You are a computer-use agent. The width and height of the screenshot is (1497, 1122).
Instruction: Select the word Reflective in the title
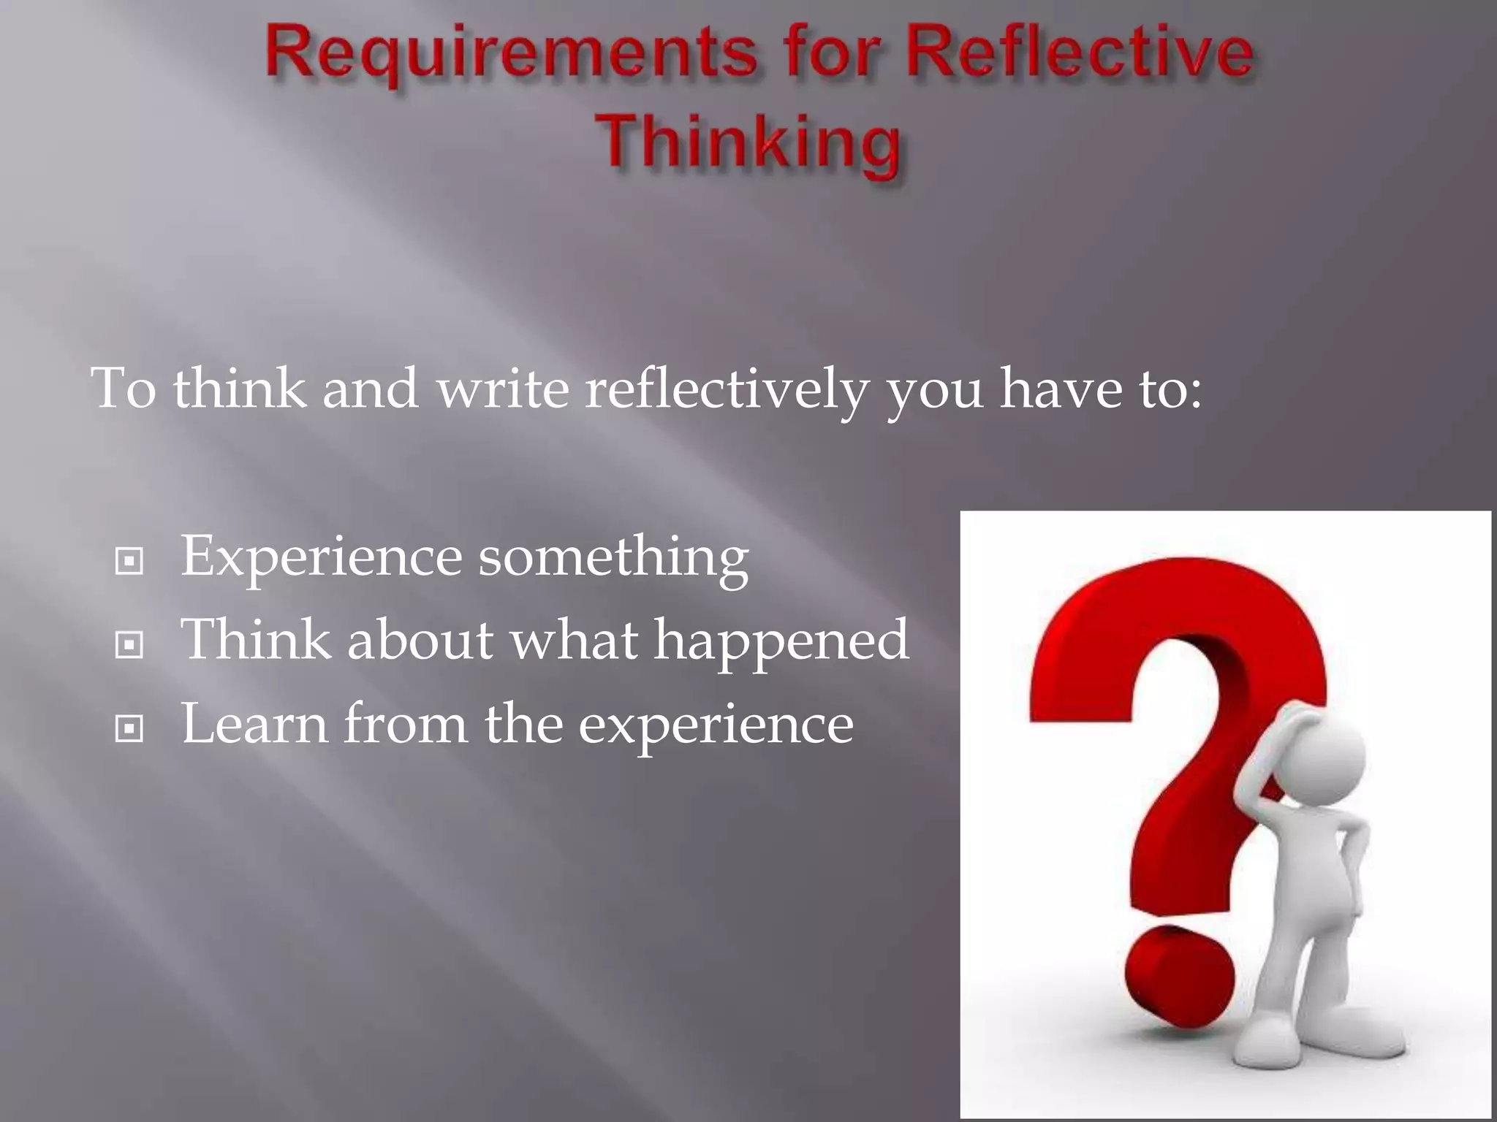(1080, 53)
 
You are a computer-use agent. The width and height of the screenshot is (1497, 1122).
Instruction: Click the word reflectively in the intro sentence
(726, 388)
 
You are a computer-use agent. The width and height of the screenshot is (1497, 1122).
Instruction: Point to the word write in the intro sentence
(503, 388)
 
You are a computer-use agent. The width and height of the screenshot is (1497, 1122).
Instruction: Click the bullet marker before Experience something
(129, 561)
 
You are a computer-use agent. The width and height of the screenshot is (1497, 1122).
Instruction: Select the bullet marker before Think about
(129, 645)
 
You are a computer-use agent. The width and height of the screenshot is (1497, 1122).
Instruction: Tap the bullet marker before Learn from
(129, 728)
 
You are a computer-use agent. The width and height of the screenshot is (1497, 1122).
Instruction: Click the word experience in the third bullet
(716, 725)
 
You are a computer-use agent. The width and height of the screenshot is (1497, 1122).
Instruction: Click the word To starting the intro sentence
(123, 388)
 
